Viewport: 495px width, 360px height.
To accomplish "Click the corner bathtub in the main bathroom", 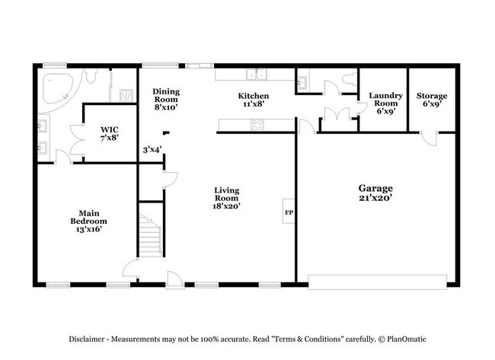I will tap(55, 88).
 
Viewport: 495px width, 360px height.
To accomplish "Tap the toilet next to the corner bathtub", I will tap(91, 78).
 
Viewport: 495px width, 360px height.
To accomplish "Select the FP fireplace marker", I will tap(289, 212).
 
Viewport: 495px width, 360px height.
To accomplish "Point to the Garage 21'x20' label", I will tap(375, 193).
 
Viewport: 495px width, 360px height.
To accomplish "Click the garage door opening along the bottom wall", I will tap(378, 282).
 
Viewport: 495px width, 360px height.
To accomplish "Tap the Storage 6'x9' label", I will tap(431, 100).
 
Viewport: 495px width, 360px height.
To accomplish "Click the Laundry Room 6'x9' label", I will tap(385, 104).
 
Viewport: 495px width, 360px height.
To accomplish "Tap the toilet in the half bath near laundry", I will tap(348, 78).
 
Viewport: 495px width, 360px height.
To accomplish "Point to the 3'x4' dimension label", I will tap(152, 149).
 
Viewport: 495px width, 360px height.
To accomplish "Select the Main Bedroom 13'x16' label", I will tap(88, 221).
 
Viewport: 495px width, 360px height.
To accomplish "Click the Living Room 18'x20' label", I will tap(227, 198).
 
